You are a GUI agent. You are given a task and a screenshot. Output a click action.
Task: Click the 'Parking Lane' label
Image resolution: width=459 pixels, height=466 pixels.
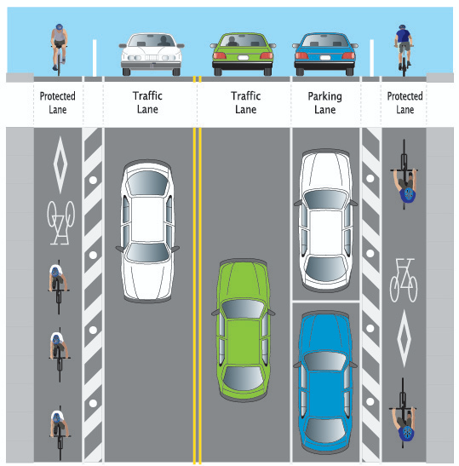(x=324, y=103)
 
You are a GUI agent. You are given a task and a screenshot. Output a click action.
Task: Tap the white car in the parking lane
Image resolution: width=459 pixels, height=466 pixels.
(x=326, y=221)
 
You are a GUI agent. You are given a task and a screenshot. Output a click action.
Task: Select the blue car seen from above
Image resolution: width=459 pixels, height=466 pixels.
(x=325, y=383)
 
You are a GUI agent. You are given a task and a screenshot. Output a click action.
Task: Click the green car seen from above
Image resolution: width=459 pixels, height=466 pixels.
(x=244, y=330)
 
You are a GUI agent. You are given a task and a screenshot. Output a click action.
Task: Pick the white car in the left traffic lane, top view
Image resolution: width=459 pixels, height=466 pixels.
(x=147, y=231)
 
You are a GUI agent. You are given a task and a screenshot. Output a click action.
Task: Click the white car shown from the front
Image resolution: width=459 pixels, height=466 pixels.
(x=152, y=54)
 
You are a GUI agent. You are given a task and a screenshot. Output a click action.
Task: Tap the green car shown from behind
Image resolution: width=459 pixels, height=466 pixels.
(x=243, y=54)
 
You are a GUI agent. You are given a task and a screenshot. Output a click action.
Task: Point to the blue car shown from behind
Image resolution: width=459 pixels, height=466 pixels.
(x=324, y=54)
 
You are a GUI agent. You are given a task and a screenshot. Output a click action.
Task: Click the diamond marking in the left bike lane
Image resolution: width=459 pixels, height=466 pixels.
(x=60, y=165)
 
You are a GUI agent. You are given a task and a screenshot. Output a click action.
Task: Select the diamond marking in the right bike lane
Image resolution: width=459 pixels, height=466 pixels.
(x=404, y=338)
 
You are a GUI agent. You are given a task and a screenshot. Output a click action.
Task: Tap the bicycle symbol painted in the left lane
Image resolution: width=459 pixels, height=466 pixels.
(x=61, y=223)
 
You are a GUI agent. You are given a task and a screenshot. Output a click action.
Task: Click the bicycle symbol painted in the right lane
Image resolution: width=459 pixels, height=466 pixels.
(x=404, y=280)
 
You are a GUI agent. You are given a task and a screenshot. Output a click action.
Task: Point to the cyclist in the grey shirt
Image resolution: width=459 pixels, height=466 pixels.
(x=59, y=49)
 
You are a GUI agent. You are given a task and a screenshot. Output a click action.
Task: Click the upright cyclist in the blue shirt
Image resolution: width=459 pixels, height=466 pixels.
(x=403, y=50)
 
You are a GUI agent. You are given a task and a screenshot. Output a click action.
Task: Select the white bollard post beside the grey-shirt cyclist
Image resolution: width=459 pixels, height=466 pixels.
(x=95, y=58)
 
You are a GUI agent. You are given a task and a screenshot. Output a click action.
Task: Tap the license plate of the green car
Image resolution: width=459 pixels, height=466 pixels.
(x=243, y=58)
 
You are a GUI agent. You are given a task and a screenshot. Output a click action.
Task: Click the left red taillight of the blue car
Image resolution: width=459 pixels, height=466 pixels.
(x=301, y=55)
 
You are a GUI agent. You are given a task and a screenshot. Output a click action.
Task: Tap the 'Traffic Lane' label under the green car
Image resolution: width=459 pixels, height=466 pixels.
(x=246, y=102)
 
